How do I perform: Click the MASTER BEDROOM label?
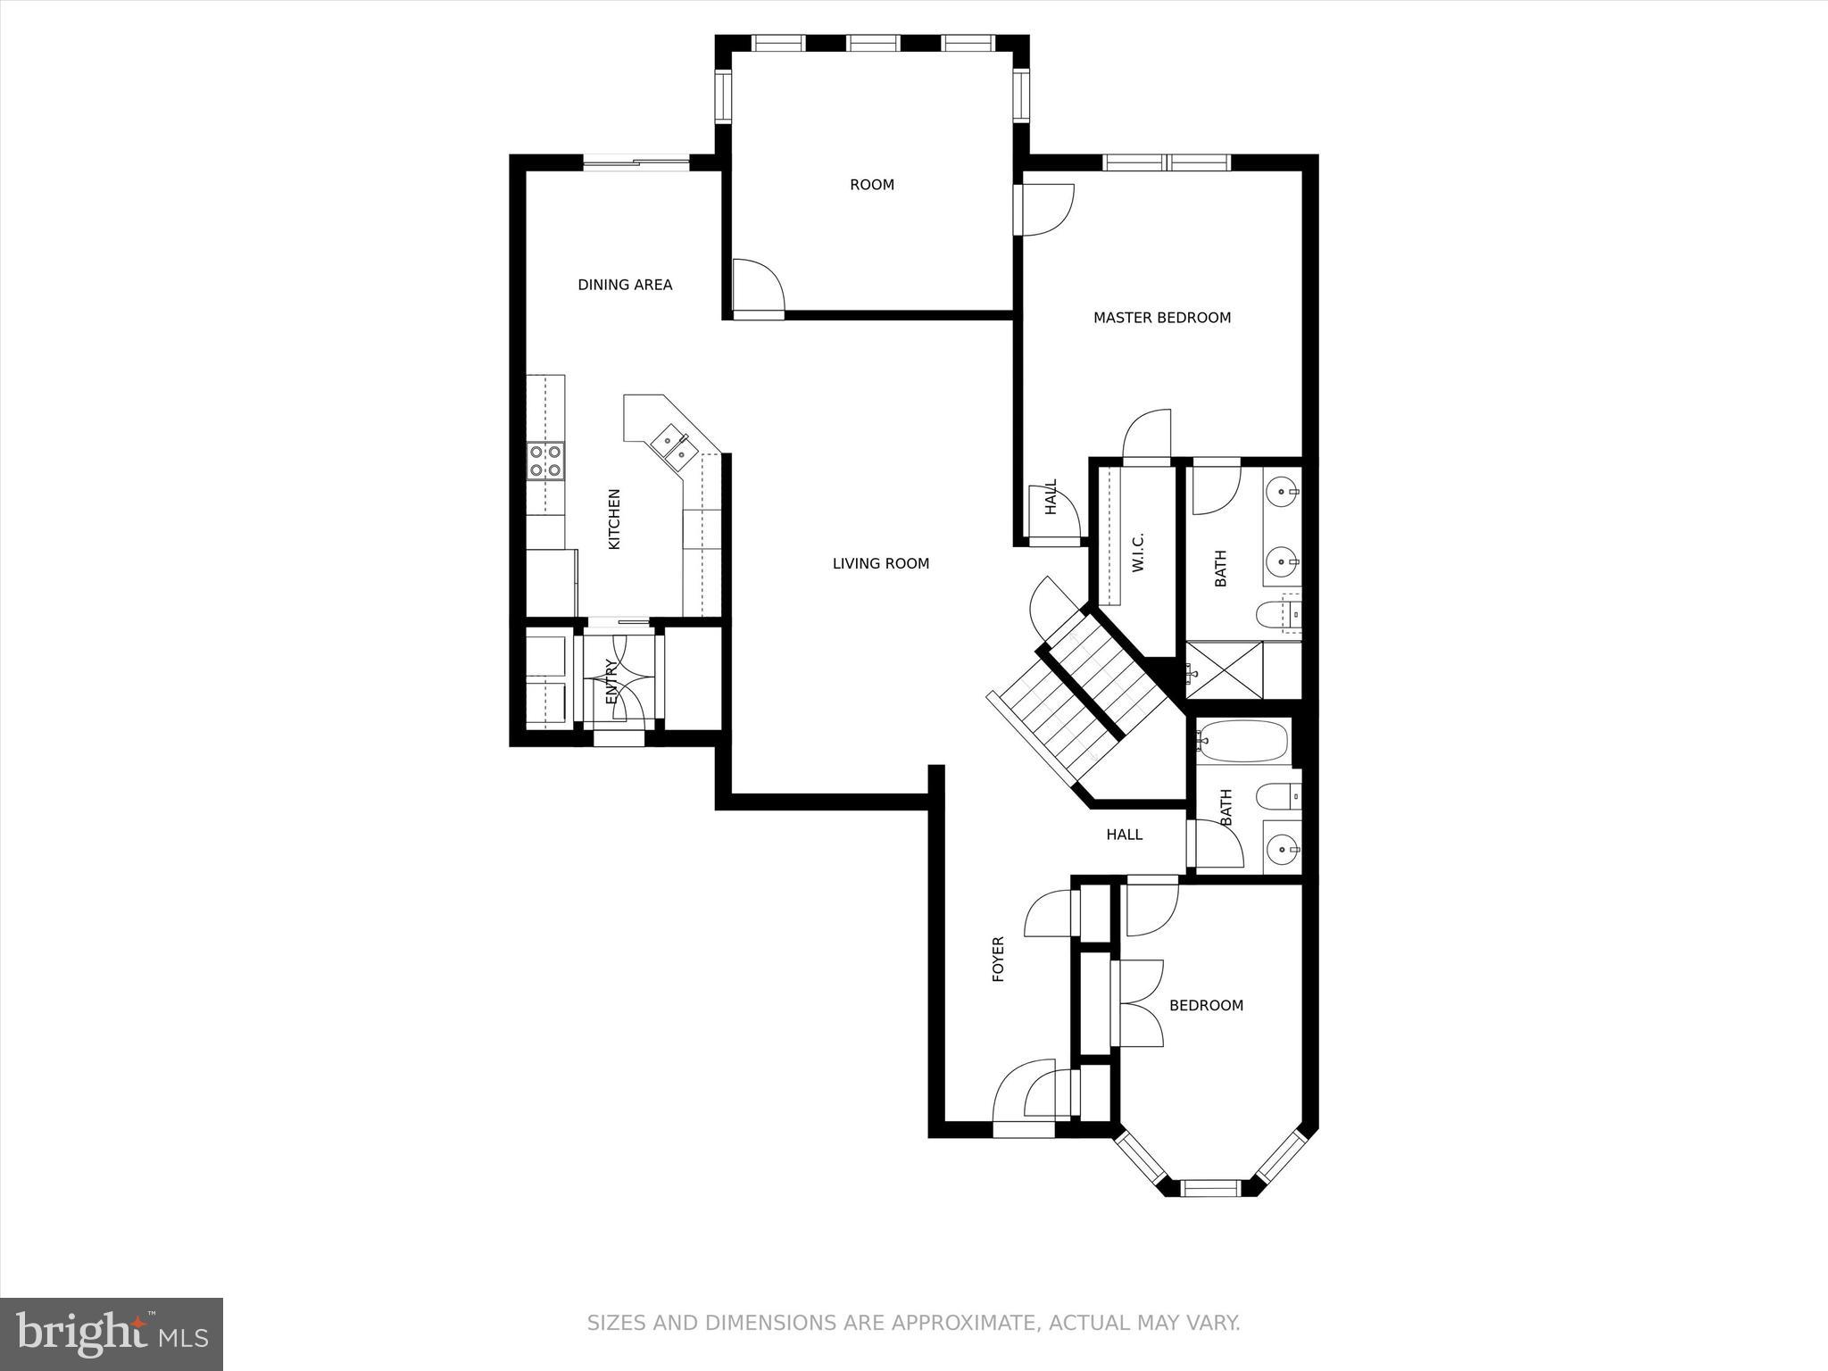[1161, 318]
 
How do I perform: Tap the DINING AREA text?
[625, 285]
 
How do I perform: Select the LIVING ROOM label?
[880, 563]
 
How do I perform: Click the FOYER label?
[999, 959]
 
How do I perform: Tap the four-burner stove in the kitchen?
[545, 461]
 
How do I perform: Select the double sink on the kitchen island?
[674, 445]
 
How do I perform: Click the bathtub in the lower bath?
[1243, 741]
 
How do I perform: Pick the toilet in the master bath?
[1275, 614]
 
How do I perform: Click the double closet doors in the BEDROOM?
[1138, 1003]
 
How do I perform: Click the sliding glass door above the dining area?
[636, 162]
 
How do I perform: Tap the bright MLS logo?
[112, 1334]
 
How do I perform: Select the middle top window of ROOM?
[873, 43]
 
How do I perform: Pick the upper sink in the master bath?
[1283, 491]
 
